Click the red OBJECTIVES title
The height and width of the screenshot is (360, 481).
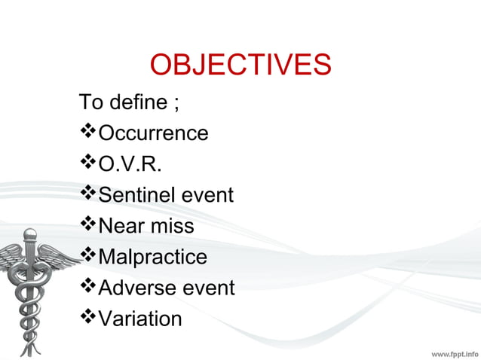[x=240, y=66]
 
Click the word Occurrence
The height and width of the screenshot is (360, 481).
[x=154, y=133]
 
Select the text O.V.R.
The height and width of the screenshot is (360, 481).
[x=130, y=164]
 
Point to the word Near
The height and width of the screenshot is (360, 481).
[x=124, y=226]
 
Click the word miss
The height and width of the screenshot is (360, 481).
[x=174, y=226]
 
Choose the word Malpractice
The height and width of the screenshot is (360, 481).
[x=153, y=257]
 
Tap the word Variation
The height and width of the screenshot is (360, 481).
[x=140, y=319]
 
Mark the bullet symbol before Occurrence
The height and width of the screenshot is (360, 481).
[x=88, y=133]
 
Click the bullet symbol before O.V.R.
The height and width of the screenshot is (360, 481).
[x=88, y=164]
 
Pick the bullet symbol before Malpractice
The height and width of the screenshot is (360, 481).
[x=88, y=257]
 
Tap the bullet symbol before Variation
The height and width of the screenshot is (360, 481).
[x=88, y=319]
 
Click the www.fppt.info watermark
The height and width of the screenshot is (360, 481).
[x=454, y=352]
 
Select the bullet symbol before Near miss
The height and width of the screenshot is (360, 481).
[x=88, y=226]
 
